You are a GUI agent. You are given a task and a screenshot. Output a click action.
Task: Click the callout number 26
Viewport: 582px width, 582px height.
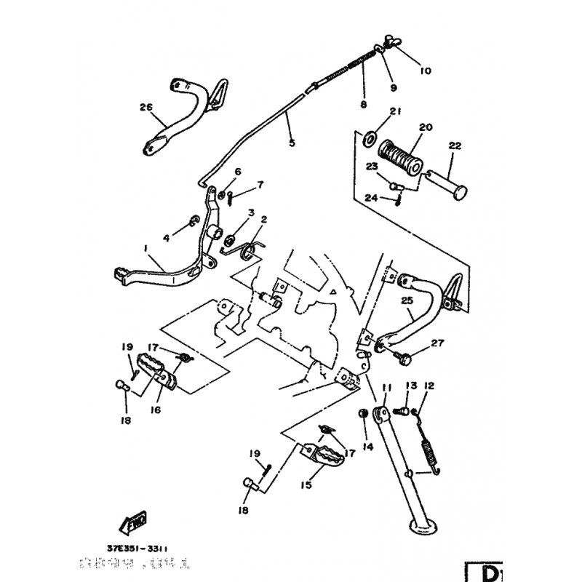146,107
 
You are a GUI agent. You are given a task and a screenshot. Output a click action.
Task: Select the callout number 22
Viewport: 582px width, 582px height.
455,145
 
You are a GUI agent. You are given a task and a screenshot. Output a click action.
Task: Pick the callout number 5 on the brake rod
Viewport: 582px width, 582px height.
292,143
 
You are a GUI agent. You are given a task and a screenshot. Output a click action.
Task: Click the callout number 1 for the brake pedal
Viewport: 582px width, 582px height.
146,249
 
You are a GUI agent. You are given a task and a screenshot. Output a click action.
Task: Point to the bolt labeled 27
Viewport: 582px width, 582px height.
402,357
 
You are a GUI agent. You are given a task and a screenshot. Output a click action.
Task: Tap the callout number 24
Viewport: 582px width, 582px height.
371,198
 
